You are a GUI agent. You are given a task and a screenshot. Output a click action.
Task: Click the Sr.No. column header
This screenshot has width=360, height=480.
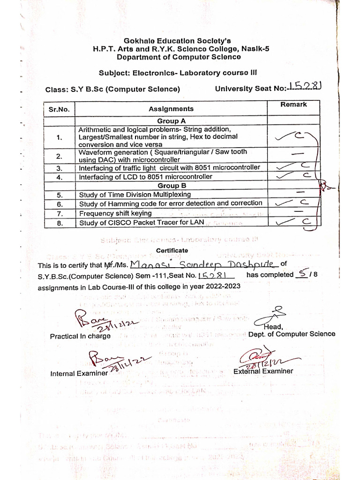coord(59,110)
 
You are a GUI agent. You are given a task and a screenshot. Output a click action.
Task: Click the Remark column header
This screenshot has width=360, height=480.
coord(293,105)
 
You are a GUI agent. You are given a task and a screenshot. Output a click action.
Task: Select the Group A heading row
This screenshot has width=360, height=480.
coord(171,121)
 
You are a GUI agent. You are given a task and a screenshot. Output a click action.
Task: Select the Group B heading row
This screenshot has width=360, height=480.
coord(171,186)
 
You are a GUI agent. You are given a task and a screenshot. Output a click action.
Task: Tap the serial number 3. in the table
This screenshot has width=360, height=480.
coord(59,168)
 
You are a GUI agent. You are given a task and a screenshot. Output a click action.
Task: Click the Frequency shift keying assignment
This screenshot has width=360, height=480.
coord(115,213)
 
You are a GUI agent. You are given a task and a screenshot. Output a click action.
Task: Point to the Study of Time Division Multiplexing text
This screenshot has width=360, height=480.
coord(135,195)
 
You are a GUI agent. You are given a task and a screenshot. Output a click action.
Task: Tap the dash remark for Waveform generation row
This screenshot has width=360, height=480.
coord(296,154)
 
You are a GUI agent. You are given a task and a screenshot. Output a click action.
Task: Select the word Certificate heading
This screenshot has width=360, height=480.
coord(172,251)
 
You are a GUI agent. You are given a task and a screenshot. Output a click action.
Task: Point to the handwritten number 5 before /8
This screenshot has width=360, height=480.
coord(302,274)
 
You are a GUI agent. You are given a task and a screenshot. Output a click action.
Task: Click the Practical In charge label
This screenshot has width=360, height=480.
coord(80,336)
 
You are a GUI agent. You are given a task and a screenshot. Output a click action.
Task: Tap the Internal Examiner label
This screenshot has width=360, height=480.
coord(79,374)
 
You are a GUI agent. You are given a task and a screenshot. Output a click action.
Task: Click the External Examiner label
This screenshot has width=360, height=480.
coord(263,371)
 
